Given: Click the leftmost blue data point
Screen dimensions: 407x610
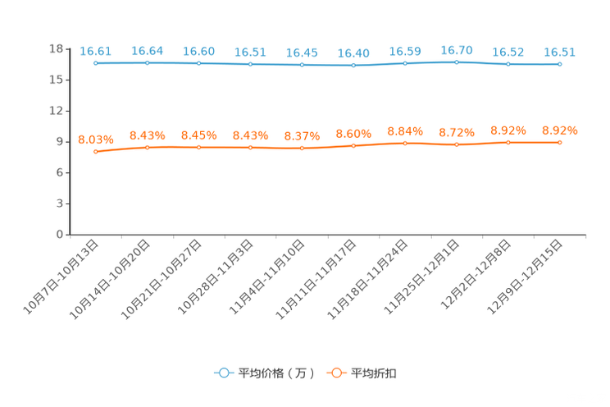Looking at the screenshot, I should click(x=96, y=62).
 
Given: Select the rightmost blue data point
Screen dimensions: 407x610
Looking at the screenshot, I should click(x=560, y=64).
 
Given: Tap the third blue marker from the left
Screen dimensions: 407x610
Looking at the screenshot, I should click(x=199, y=63).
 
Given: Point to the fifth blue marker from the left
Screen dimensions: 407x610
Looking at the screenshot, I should click(x=303, y=64).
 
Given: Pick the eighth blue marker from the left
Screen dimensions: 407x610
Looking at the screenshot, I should click(x=457, y=62).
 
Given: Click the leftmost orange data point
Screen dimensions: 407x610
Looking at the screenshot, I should click(x=96, y=152).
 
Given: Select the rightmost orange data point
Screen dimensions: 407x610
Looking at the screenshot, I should click(x=560, y=143).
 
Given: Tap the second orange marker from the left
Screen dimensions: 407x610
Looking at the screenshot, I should click(x=148, y=147).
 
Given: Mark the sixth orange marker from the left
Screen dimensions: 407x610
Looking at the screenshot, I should click(x=354, y=145).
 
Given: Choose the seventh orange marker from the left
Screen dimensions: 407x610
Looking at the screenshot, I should click(x=405, y=143).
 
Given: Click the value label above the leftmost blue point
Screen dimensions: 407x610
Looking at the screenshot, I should click(x=96, y=51).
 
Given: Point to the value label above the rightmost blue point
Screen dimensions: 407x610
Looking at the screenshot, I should click(x=560, y=53).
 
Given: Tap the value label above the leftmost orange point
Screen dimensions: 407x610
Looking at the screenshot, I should click(x=96, y=139).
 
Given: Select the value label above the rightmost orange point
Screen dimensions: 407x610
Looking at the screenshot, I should click(x=560, y=130).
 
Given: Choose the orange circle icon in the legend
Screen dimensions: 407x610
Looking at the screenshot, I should click(x=336, y=373).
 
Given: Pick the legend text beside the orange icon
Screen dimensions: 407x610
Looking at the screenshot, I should click(x=375, y=373).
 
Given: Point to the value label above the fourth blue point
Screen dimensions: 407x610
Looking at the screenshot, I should click(x=251, y=53).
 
